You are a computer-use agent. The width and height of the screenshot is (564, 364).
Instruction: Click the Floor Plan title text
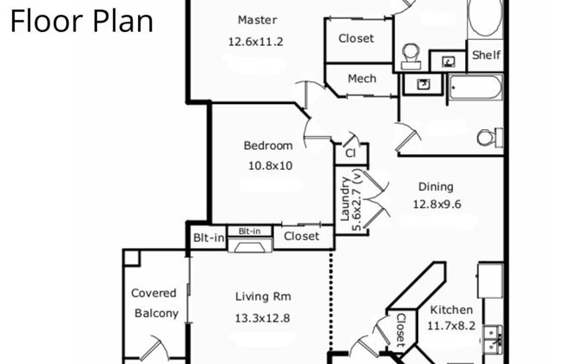(82, 20)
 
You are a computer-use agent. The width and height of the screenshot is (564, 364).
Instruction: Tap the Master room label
(258, 20)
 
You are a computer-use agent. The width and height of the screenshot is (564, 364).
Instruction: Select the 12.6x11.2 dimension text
(258, 41)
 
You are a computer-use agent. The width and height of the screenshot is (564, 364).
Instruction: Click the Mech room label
(362, 79)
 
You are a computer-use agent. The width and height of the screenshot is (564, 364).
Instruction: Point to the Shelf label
(486, 55)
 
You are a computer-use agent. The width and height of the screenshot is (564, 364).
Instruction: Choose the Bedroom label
(268, 146)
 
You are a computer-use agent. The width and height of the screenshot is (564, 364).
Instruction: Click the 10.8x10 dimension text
(268, 165)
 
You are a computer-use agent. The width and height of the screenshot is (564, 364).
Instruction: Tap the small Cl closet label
(351, 153)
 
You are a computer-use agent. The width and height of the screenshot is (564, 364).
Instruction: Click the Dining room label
(436, 186)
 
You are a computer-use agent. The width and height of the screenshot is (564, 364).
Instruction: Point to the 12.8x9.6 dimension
(436, 205)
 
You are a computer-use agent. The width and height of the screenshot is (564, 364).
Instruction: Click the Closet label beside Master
(356, 38)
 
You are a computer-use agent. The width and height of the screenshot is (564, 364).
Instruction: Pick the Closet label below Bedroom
(302, 236)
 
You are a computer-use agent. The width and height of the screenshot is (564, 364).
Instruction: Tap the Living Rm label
(263, 297)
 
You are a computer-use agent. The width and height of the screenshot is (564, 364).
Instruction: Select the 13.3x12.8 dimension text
(263, 318)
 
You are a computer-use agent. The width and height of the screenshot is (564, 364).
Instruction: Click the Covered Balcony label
(154, 303)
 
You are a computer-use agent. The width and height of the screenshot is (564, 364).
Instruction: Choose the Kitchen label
(452, 309)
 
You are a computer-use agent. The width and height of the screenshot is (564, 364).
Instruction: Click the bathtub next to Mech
(475, 88)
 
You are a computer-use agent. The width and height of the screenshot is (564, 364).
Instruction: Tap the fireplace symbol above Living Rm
(250, 245)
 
